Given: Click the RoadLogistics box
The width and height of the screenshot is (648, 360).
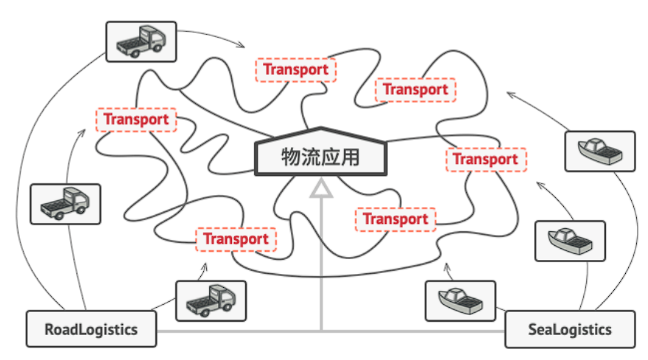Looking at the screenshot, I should pyautogui.click(x=91, y=328).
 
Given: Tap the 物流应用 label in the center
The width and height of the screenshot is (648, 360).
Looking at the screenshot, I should pyautogui.click(x=320, y=157).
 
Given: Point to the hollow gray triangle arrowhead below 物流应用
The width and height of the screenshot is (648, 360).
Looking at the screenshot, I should pyautogui.click(x=320, y=189).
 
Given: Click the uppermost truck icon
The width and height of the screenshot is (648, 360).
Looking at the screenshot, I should pyautogui.click(x=141, y=41).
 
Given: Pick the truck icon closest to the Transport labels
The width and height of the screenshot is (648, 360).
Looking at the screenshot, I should pyautogui.click(x=211, y=300).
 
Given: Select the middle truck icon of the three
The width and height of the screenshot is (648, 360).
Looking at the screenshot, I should pyautogui.click(x=65, y=203).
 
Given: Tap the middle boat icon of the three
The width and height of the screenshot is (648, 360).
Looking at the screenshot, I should pyautogui.click(x=569, y=241).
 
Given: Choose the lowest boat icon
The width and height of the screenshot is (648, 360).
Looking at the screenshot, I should pyautogui.click(x=461, y=300).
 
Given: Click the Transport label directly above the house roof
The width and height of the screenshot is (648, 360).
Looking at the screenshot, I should pyautogui.click(x=295, y=70).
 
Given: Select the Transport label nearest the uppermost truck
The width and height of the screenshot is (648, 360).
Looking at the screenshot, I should pyautogui.click(x=136, y=119).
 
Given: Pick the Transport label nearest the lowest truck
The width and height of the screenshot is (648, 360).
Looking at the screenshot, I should pyautogui.click(x=236, y=239).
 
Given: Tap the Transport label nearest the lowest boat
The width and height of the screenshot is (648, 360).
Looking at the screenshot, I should pyautogui.click(x=395, y=219).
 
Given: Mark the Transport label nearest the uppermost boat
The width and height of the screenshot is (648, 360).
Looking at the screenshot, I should pyautogui.click(x=485, y=159).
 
